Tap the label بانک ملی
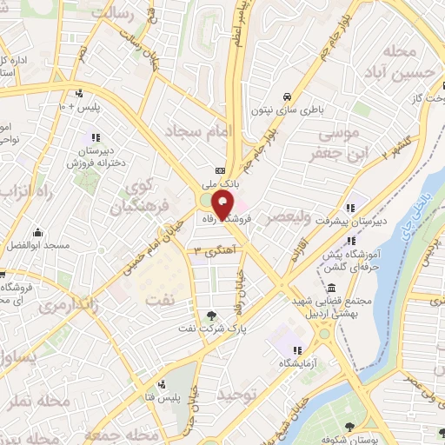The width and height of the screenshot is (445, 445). pos(221,183)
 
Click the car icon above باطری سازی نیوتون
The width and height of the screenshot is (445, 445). pos(286,96)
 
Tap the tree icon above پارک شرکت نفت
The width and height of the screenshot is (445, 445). pos(212,315)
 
